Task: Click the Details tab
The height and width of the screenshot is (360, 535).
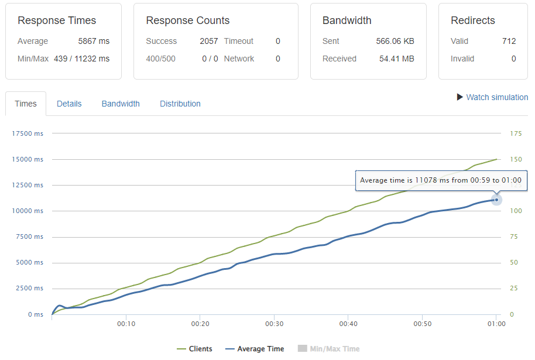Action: coord(69,104)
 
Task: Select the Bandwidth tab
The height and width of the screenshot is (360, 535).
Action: coord(121,104)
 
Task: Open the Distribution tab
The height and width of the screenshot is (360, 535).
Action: coord(180,104)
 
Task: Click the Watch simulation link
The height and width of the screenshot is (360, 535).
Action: coord(496,97)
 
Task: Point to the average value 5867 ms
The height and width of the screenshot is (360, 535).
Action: coord(94,41)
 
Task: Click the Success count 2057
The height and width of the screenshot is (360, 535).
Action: coord(208,41)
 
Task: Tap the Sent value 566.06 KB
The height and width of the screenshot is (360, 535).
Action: coord(395,41)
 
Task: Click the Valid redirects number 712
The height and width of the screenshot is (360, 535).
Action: coord(509,41)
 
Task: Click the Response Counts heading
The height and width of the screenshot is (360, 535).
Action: coord(187,20)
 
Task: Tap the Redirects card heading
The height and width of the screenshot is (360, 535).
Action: coord(472,20)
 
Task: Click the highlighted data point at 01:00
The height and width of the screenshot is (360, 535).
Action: coord(496,200)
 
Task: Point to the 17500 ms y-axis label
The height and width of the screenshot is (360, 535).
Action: coord(28,133)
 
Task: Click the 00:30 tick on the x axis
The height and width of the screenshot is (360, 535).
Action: coord(274,324)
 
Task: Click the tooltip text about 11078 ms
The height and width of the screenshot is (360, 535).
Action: coord(441,180)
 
